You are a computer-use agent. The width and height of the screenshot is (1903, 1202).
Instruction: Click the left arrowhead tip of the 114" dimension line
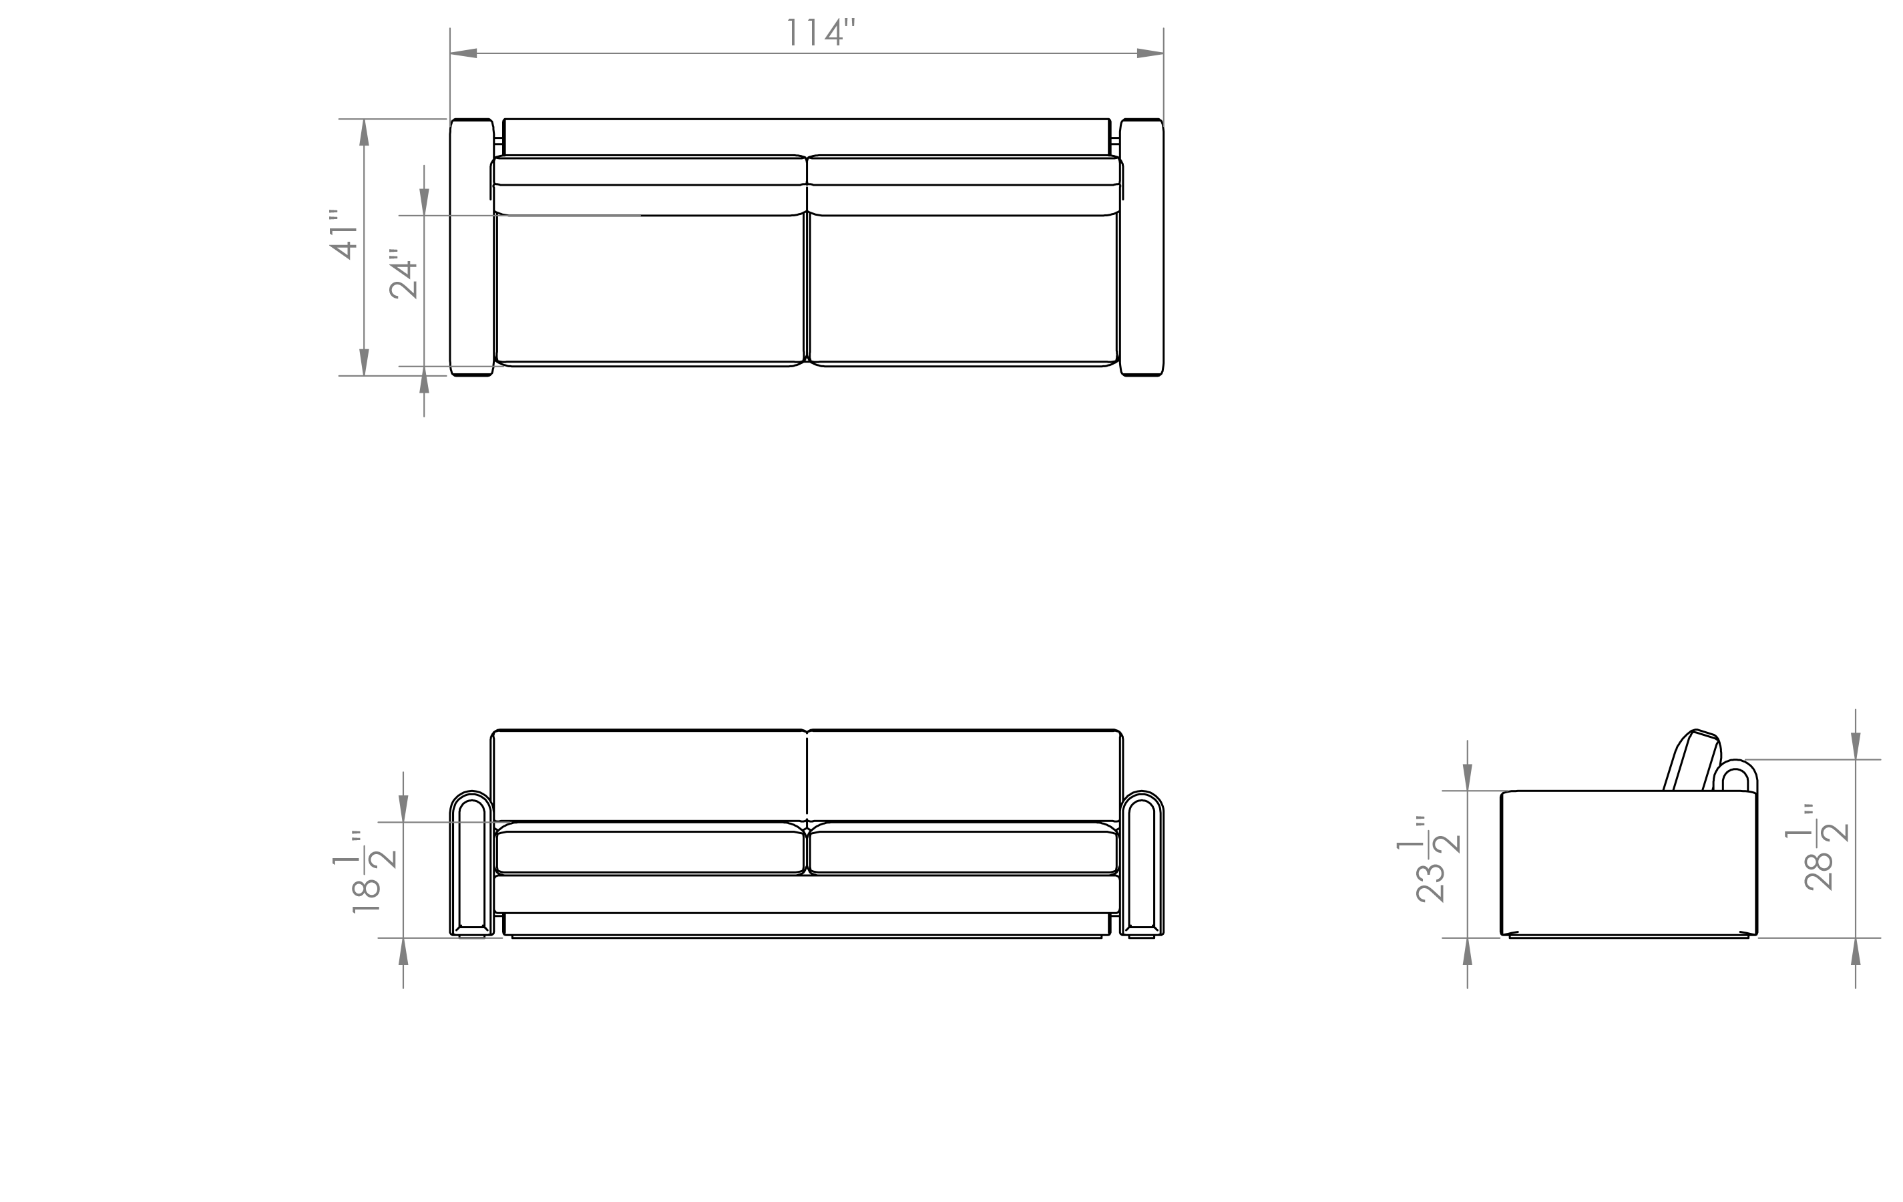[x=451, y=53]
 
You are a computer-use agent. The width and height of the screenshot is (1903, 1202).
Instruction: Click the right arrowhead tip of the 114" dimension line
[x=1163, y=53]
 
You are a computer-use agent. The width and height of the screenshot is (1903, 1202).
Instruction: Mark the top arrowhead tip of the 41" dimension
[x=365, y=120]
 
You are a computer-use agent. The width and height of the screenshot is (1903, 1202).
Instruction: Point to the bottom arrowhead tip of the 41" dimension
[x=365, y=375]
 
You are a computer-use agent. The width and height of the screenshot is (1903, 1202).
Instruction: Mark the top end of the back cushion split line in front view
[x=807, y=737]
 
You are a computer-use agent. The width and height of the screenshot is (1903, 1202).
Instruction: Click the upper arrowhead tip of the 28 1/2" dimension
[x=1856, y=759]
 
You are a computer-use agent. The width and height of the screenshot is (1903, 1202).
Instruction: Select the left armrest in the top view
[x=472, y=247]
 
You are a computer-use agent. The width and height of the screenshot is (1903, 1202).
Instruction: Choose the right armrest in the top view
[x=1141, y=247]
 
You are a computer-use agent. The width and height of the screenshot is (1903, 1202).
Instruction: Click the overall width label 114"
[x=821, y=33]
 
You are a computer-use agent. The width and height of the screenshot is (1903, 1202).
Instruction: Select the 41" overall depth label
[x=344, y=234]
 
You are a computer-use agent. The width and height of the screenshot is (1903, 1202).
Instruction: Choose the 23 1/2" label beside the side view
[x=1429, y=858]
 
